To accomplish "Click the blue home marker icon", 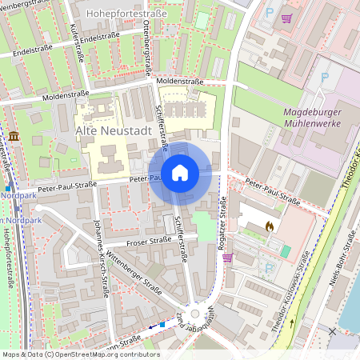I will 180,173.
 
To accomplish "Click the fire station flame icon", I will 270,226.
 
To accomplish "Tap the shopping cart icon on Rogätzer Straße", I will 228,258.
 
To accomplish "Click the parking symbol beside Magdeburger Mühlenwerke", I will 324,78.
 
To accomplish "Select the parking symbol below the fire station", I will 269,267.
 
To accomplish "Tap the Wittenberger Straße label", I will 138,278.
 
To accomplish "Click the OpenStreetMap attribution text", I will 80,354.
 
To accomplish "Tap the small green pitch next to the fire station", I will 286,251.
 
